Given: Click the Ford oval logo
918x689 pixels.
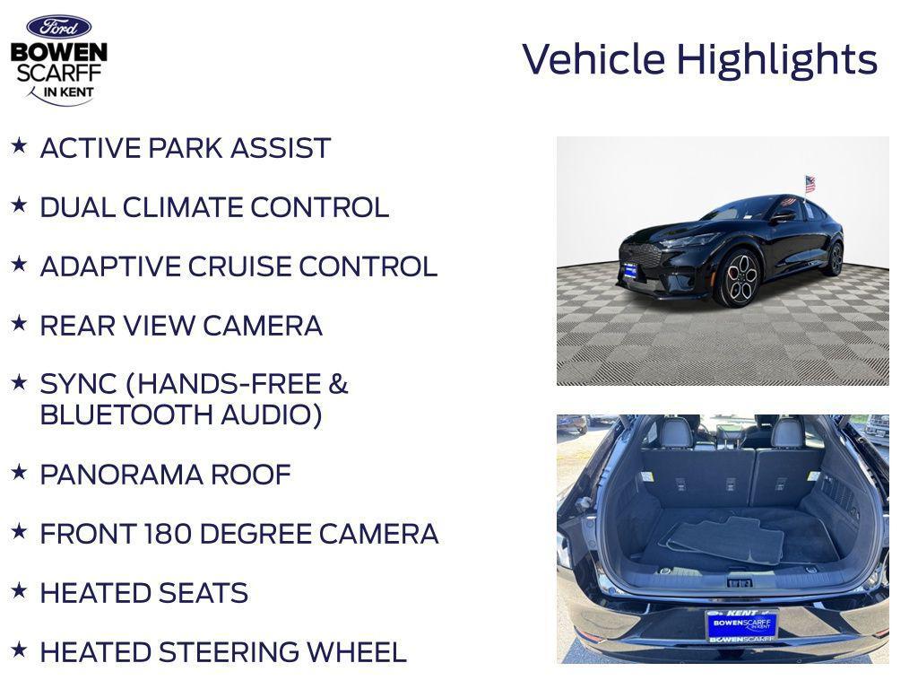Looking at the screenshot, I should coord(58,27).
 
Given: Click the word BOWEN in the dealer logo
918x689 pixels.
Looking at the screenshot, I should coord(59,53).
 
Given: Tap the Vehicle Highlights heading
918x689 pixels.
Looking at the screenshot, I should coord(699,59).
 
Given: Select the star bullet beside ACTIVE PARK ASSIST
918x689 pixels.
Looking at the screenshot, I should coord(19,145).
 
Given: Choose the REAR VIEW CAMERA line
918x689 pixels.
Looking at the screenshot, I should coord(181,326).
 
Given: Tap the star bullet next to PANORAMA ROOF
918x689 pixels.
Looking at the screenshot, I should coord(19,472).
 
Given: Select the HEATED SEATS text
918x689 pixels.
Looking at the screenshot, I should coord(144,593).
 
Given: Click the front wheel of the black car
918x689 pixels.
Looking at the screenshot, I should coord(740,278).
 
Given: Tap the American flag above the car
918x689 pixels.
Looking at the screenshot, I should coord(810,183).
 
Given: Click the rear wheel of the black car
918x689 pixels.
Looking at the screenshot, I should coord(835,260).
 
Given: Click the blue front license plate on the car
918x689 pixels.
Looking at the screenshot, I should coord(630,270).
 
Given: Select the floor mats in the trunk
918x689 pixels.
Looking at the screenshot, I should coord(726,540).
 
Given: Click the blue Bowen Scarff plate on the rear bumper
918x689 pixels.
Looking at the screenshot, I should coord(741,624).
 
